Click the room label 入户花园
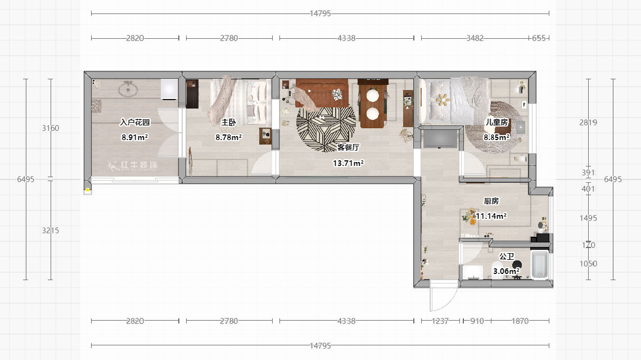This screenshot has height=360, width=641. [135, 122]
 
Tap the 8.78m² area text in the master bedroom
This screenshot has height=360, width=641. [228, 137]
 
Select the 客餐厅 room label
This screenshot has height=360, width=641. [349, 147]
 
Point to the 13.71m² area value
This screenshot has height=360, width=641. [349, 163]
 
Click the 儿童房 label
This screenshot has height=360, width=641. [497, 122]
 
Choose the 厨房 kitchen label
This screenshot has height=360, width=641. [491, 201]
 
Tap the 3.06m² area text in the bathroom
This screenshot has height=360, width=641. [505, 271]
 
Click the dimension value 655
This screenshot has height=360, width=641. [539, 38]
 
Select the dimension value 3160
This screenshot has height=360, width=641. [51, 128]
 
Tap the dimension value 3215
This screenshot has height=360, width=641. [51, 230]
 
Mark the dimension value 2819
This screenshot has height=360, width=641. [588, 123]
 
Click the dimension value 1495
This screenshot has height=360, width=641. [588, 218]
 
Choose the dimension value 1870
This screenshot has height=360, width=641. [520, 321]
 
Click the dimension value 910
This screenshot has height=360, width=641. [476, 321]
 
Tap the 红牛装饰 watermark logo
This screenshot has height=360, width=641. [134, 166]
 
